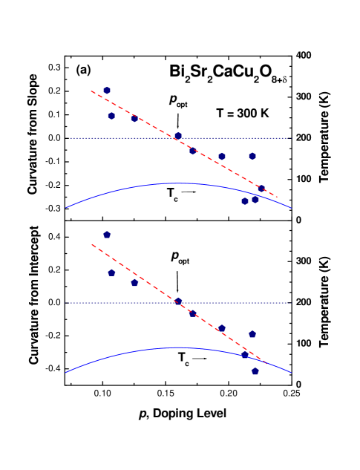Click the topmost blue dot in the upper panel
107,90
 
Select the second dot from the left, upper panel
111,116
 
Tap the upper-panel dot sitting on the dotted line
178,136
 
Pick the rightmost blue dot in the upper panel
261,189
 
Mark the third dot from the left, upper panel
134,118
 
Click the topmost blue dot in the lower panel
107,235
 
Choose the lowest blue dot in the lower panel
255,371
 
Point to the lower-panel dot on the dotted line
178,301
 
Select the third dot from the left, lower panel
134,282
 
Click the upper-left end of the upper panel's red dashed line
91,91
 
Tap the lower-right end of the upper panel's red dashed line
277,197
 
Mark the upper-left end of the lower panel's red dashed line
91,244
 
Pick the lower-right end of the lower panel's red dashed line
266,363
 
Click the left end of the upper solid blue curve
66,208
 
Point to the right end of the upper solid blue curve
291,208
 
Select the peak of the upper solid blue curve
178,183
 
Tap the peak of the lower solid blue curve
178,347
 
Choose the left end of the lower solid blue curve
66,373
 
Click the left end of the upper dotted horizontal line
70,138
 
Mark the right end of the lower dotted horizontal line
289,303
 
